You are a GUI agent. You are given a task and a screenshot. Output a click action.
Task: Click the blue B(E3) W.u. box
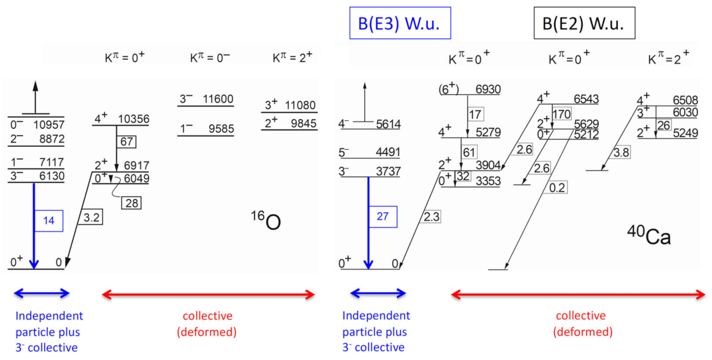400,24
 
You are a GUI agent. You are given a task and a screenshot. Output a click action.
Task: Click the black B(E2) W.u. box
584,23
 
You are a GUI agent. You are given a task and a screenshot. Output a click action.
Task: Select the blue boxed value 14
49,220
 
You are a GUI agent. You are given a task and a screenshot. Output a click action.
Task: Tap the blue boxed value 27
382,216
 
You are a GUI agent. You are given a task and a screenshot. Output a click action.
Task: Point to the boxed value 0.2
557,188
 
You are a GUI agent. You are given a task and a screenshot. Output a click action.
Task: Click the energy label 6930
488,89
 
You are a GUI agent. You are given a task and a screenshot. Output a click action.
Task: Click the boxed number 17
475,115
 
